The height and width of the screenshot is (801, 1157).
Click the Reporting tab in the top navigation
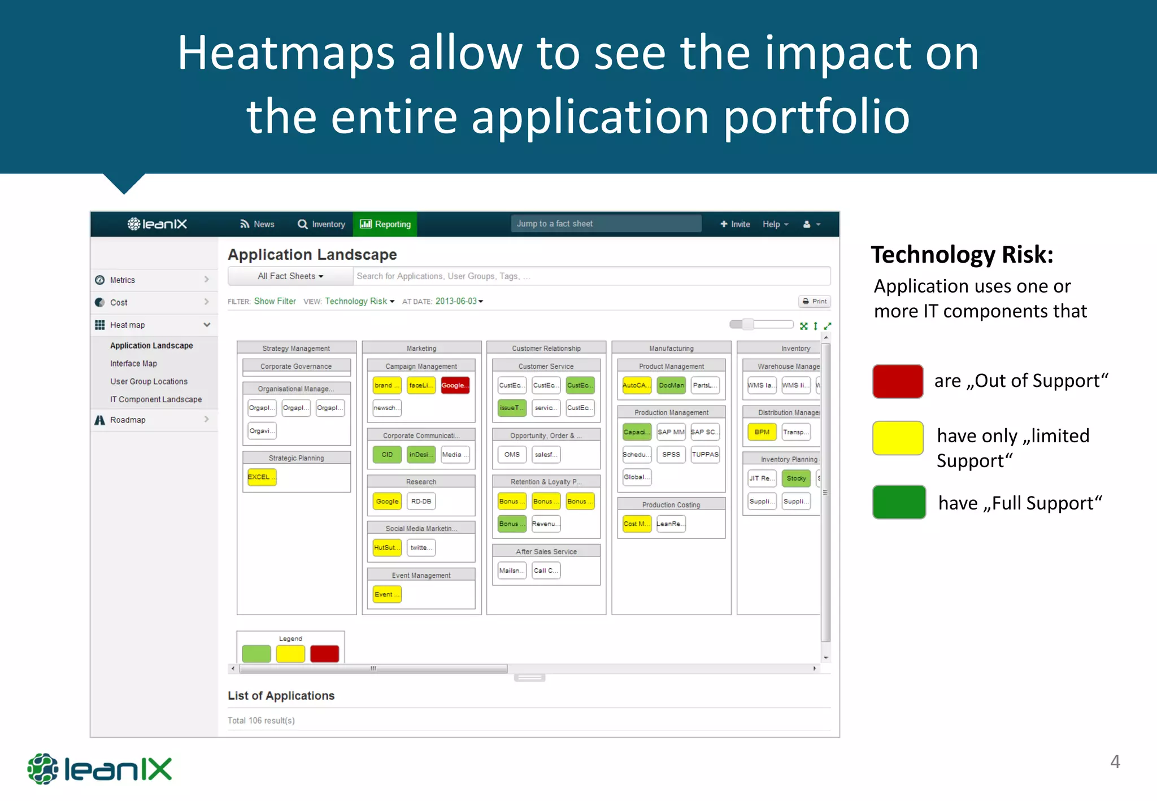pyautogui.click(x=385, y=224)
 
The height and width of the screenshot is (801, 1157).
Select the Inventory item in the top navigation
pyautogui.click(x=321, y=224)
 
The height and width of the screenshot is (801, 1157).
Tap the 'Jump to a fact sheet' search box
pyautogui.click(x=606, y=224)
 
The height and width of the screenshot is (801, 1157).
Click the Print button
pyautogui.click(x=815, y=302)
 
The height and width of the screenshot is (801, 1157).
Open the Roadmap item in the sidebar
pyautogui.click(x=128, y=420)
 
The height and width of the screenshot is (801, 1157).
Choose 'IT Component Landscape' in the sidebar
pyautogui.click(x=155, y=399)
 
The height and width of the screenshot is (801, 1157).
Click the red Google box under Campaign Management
pyautogui.click(x=455, y=385)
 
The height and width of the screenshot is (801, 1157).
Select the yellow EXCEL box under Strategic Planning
pyautogui.click(x=262, y=477)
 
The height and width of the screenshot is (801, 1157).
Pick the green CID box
pyautogui.click(x=387, y=455)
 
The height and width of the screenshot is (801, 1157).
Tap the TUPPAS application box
pyautogui.click(x=705, y=455)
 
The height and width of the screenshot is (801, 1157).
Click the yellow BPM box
pyautogui.click(x=762, y=432)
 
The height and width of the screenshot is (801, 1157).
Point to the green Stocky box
pyautogui.click(x=796, y=478)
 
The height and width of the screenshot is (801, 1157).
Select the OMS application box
pyautogui.click(x=512, y=455)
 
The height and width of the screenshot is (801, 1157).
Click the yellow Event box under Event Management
pyautogui.click(x=387, y=594)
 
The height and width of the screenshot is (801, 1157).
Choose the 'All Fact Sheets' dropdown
pyautogui.click(x=290, y=276)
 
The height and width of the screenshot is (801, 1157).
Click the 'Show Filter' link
pyautogui.click(x=275, y=302)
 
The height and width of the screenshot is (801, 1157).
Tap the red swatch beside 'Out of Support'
pyautogui.click(x=898, y=381)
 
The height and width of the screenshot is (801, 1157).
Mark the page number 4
pyautogui.click(x=1115, y=761)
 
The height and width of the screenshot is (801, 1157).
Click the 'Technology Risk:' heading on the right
pyautogui.click(x=962, y=255)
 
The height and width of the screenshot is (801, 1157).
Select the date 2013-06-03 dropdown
pyautogui.click(x=459, y=302)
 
